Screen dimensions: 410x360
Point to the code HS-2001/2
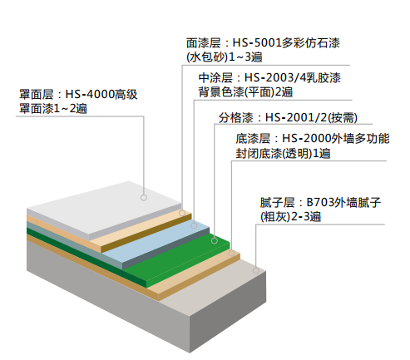[x=296, y=118]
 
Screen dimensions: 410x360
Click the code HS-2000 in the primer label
[x=306, y=139]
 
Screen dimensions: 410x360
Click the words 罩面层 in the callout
[x=37, y=95]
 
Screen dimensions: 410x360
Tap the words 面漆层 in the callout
[x=204, y=43]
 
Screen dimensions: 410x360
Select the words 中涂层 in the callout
[x=215, y=78]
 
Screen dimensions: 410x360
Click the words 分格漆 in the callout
[x=236, y=118]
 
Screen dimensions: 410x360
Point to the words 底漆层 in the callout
[x=253, y=139]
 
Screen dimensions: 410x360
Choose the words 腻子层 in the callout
[x=277, y=203]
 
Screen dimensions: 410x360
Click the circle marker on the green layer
[x=215, y=241]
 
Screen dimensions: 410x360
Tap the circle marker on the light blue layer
[x=194, y=225]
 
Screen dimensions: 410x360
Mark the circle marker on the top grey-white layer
[x=144, y=198]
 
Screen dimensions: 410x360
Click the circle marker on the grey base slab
[x=256, y=270]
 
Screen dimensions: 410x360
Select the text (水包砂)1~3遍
[x=225, y=57]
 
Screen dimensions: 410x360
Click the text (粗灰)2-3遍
[x=290, y=216]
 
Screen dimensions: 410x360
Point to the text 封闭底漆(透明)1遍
[x=283, y=153]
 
